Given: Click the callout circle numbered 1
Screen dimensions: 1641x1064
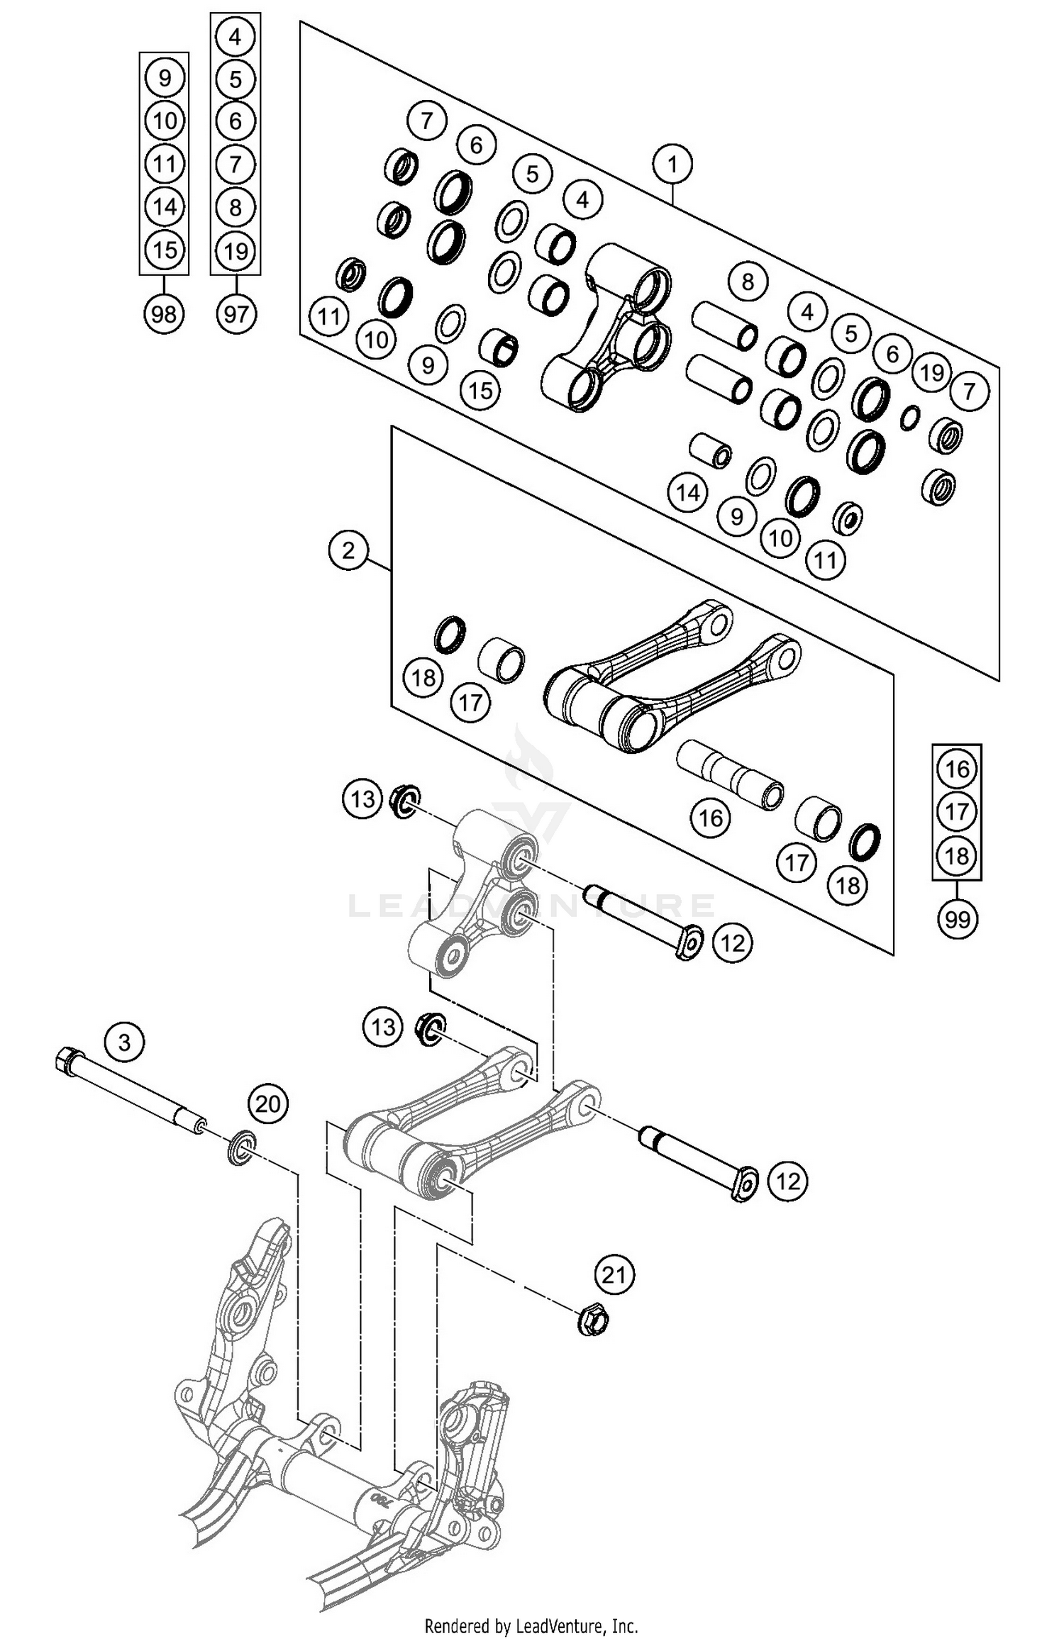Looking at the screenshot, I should pos(672,165).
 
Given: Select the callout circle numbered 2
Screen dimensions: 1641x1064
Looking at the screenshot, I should pos(348,550).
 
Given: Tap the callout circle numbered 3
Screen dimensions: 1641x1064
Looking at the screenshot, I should pos(124,1042).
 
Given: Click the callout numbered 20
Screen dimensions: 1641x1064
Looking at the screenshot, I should pos(267,1103).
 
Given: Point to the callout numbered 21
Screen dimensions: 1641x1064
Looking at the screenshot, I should pos(614,1275).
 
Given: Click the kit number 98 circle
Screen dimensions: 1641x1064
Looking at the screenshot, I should pos(164,313).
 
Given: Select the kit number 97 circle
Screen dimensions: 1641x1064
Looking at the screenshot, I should pos(235,313).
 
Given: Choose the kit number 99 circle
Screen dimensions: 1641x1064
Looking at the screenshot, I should pos(957,920).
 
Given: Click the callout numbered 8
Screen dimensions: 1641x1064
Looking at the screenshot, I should pos(748,282).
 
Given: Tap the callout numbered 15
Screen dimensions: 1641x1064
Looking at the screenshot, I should pos(480,389).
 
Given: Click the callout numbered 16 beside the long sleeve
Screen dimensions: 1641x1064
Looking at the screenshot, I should pos(710,818).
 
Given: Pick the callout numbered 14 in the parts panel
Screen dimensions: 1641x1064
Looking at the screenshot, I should pos(687,492).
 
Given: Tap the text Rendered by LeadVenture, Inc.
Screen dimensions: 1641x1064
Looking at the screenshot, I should pos(531,1625).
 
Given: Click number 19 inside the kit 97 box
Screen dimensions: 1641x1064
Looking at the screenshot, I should pos(235,251).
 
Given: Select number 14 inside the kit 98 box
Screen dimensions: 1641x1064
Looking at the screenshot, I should pos(165,207).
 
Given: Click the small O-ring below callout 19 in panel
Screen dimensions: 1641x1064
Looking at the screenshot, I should pos(910,418).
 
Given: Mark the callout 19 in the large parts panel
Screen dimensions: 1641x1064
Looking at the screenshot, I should pos(931,372).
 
